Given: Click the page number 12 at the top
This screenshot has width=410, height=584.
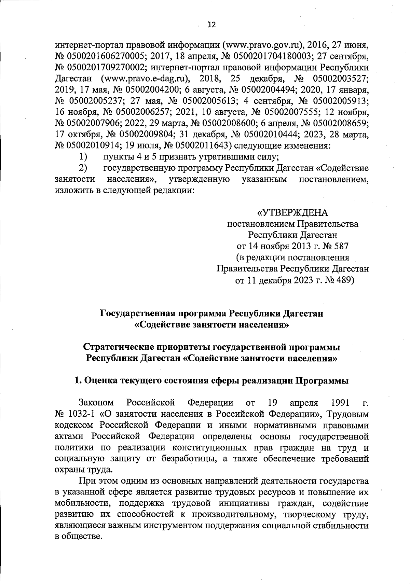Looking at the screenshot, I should (212, 25).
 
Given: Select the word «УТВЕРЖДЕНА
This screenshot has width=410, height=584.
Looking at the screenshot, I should (292, 213).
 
